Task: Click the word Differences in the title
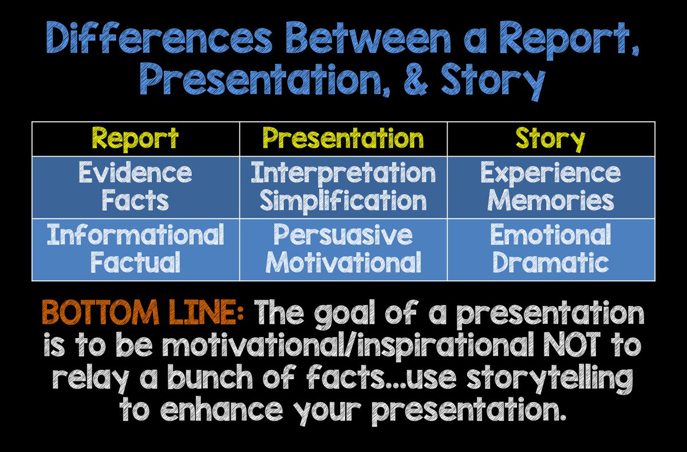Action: pyautogui.click(x=159, y=38)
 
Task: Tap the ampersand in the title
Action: pyautogui.click(x=416, y=79)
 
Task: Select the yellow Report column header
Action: pyautogui.click(x=135, y=139)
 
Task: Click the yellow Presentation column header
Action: pyautogui.click(x=343, y=138)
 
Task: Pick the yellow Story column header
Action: pyautogui.click(x=551, y=139)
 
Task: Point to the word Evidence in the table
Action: pyautogui.click(x=135, y=172)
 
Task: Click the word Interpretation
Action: pyautogui.click(x=343, y=173)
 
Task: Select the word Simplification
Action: pyautogui.click(x=343, y=201)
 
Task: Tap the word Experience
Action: pyautogui.click(x=551, y=173)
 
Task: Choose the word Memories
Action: pyautogui.click(x=551, y=200)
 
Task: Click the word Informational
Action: pyautogui.click(x=135, y=234)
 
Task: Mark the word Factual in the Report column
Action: pyautogui.click(x=135, y=262)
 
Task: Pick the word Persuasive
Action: pyautogui.click(x=343, y=235)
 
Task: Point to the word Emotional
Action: pyautogui.click(x=551, y=234)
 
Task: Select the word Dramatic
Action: pyautogui.click(x=551, y=262)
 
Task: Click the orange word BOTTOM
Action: pyautogui.click(x=100, y=312)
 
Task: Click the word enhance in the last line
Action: pyautogui.click(x=222, y=409)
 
